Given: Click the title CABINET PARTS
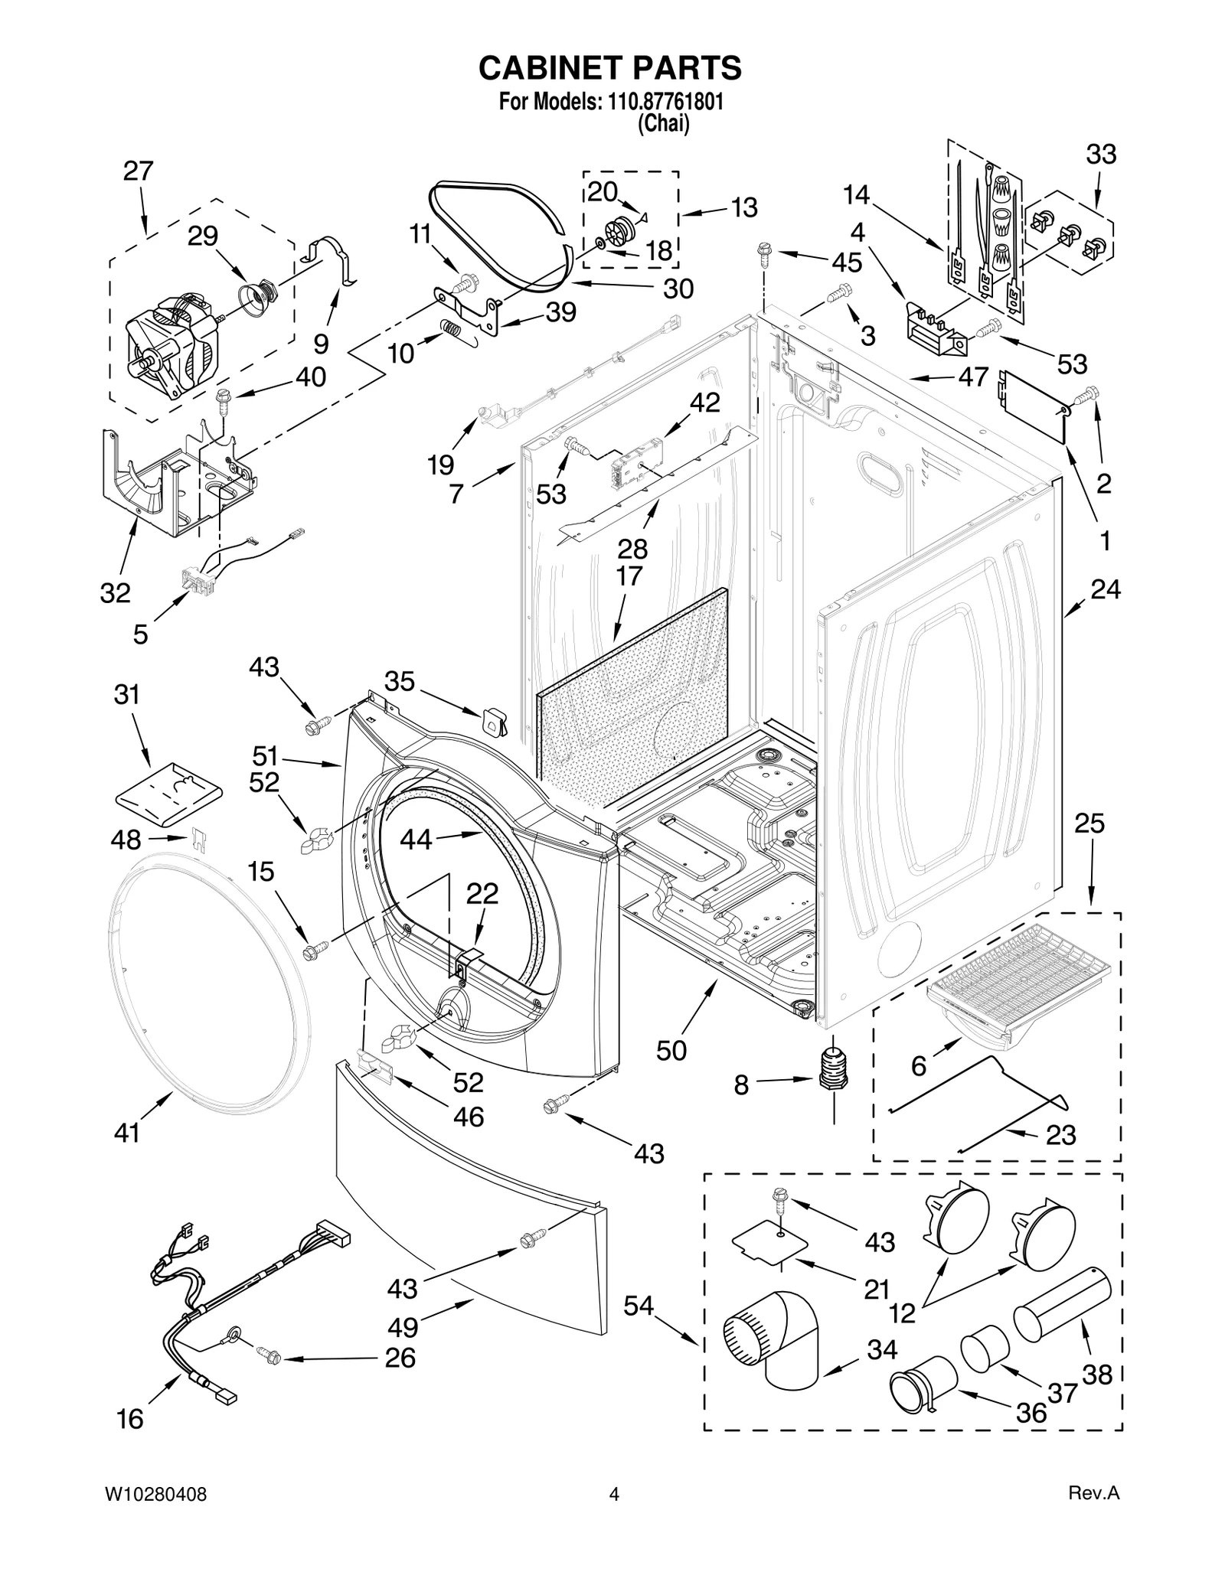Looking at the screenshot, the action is pyautogui.click(x=609, y=68).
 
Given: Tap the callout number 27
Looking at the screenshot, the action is pyautogui.click(x=139, y=171).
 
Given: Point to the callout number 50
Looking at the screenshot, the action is pyautogui.click(x=671, y=1051).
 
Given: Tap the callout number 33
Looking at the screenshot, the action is pyautogui.click(x=1101, y=155).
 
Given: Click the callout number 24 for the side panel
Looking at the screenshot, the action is pyautogui.click(x=1105, y=589).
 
